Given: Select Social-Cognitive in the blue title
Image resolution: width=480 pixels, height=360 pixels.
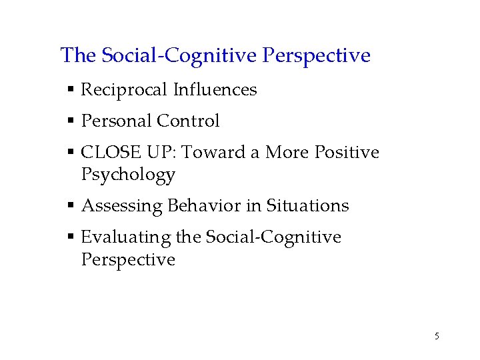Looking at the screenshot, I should [179, 55].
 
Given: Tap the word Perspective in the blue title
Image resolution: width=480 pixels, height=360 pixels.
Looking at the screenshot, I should [317, 55].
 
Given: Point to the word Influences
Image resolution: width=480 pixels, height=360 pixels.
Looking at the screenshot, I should [215, 89].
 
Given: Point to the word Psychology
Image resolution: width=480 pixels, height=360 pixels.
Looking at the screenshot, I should [128, 175].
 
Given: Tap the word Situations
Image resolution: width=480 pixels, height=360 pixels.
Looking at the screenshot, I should [307, 205].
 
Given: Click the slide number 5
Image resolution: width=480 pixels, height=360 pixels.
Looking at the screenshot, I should [437, 336].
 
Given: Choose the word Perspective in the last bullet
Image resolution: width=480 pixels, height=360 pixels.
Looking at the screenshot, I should [128, 260].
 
